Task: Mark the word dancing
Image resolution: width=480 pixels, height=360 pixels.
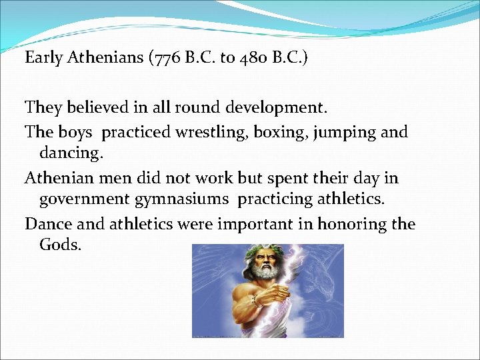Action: tap(71, 153)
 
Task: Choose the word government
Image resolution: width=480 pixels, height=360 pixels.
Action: tap(86, 199)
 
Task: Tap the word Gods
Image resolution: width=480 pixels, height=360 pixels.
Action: tap(60, 244)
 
